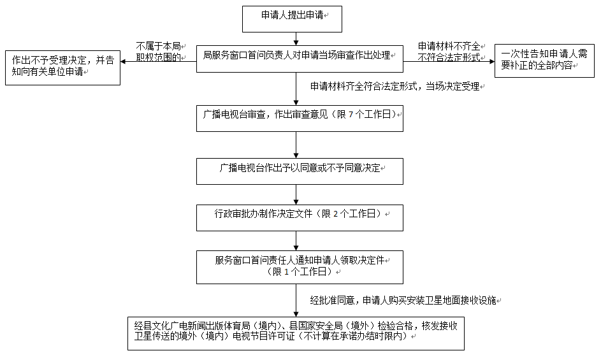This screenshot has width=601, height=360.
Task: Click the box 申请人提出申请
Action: [292, 19]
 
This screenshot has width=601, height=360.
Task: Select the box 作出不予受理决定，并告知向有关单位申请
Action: [63, 68]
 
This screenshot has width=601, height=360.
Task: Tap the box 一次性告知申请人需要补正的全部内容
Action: [544, 61]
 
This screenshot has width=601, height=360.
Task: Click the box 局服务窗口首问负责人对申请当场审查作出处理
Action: [300, 59]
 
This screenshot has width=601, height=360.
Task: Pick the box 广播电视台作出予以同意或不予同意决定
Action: [300, 171]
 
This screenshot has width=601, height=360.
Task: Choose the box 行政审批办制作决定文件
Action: [300, 218]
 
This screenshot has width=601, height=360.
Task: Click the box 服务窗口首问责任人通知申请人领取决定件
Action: [300, 267]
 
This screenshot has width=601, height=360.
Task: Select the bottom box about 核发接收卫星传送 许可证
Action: [296, 333]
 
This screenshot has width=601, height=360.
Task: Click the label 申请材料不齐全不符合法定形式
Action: [449, 52]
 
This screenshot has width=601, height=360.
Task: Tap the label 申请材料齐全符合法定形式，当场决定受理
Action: [395, 87]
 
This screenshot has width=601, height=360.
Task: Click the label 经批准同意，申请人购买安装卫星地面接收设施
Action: [403, 301]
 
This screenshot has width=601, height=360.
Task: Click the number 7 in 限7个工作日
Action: [351, 115]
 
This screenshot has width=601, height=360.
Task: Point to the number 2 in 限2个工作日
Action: [336, 214]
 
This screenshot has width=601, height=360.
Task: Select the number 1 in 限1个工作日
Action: [286, 272]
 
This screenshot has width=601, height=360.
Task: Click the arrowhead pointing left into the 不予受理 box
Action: [123, 61]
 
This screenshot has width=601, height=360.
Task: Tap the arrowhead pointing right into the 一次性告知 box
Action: [492, 61]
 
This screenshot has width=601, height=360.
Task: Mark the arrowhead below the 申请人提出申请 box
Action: [296, 43]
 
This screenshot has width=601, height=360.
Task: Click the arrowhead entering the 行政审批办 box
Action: [296, 201]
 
